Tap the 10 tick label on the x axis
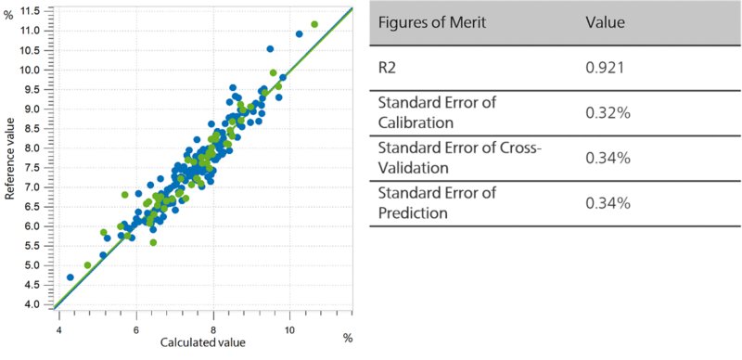290,329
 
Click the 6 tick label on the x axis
136,329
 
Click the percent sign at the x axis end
349,338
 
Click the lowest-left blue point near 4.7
70,277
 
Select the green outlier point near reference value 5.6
153,242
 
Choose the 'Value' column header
605,22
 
